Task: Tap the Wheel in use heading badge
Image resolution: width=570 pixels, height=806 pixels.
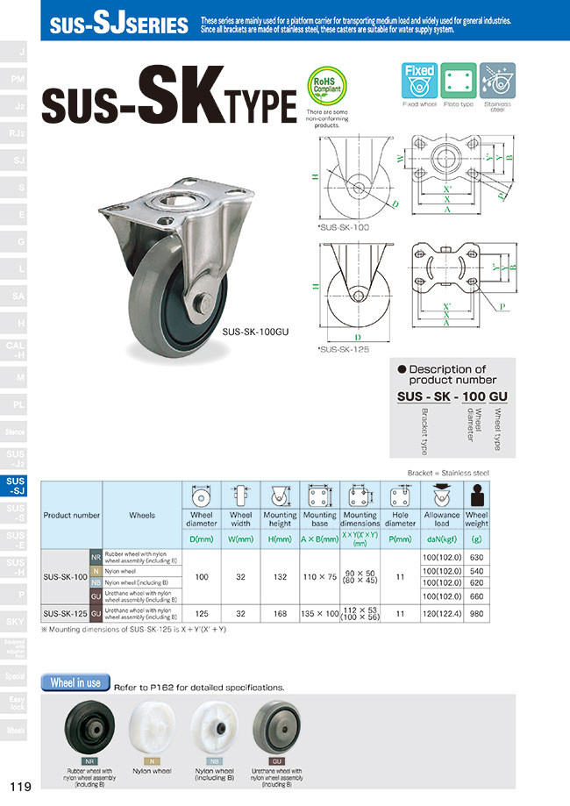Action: [x=75, y=682]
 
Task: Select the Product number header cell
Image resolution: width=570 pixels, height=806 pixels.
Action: [x=71, y=515]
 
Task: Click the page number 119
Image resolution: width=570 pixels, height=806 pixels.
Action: [x=21, y=786]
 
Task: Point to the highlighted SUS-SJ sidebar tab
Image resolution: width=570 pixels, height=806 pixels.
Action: [x=16, y=487]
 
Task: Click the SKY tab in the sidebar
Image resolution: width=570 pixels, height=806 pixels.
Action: [x=16, y=621]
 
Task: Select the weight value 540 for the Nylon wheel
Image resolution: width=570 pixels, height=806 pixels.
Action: [x=476, y=569]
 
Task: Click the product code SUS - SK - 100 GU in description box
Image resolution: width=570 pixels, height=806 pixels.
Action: [x=452, y=396]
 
